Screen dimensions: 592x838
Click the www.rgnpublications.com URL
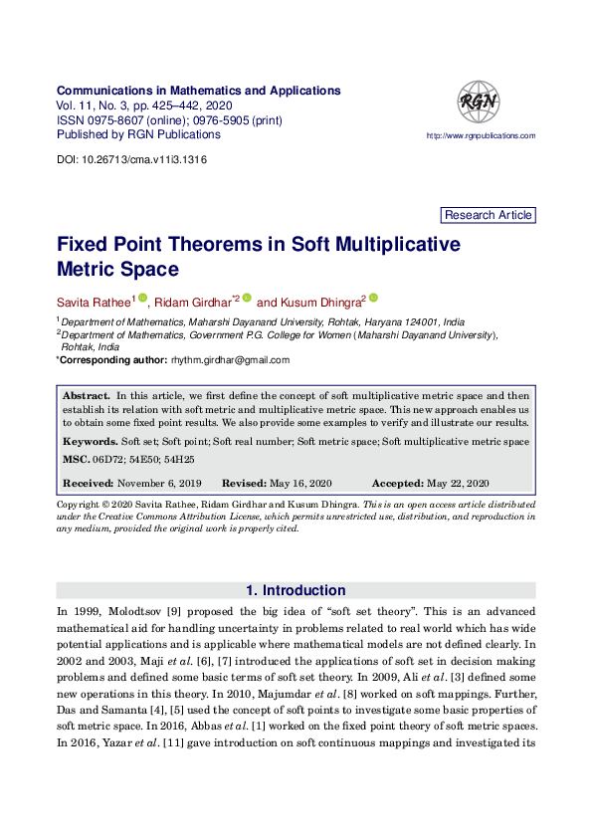coord(481,135)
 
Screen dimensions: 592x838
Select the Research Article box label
coord(489,215)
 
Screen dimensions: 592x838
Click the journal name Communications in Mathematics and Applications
coord(199,91)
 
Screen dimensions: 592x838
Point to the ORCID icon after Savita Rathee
coord(142,298)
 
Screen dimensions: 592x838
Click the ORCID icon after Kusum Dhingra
coord(373,298)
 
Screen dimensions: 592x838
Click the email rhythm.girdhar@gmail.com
coord(230,360)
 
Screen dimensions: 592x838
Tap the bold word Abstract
coord(87,396)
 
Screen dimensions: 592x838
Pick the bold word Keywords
coord(90,441)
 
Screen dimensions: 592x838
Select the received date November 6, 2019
coord(159,483)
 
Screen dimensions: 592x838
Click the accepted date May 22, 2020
coord(458,483)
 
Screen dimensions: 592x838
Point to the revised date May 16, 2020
coord(300,483)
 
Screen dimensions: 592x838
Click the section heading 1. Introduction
coord(296,590)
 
